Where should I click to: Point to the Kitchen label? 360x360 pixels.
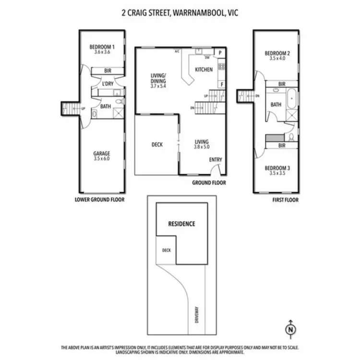[204, 70]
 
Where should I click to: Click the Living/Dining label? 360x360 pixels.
[157, 78]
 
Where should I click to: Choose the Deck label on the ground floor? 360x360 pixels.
[157, 144]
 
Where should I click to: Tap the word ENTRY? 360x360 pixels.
[216, 159]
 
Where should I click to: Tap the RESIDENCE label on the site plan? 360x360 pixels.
[181, 224]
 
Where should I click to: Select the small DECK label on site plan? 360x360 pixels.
[166, 250]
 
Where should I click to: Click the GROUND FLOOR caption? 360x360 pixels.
[209, 183]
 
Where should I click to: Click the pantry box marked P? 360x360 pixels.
[221, 52]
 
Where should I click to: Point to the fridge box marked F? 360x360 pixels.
[222, 84]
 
